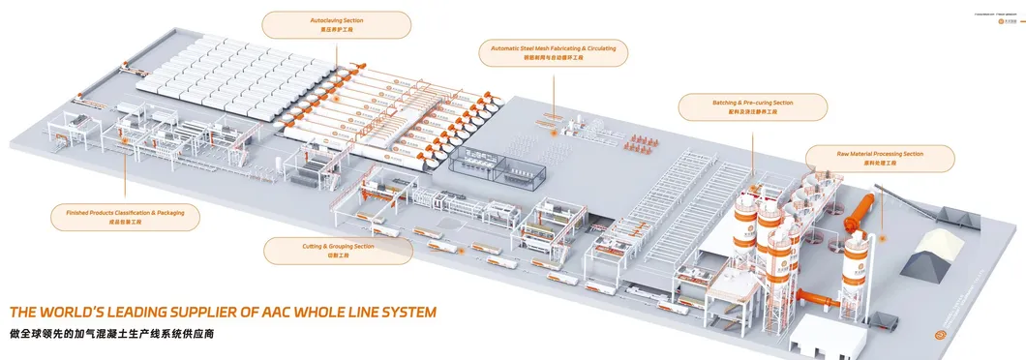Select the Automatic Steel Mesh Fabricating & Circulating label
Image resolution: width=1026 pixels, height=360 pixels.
click(554, 52)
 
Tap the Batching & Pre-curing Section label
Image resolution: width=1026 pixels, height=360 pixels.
click(752, 106)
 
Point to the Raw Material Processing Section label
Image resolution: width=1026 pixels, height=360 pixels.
click(880, 158)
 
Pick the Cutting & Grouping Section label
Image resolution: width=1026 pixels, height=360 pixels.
click(338, 251)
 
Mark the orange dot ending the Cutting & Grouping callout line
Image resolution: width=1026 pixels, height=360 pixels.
click(462, 251)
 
